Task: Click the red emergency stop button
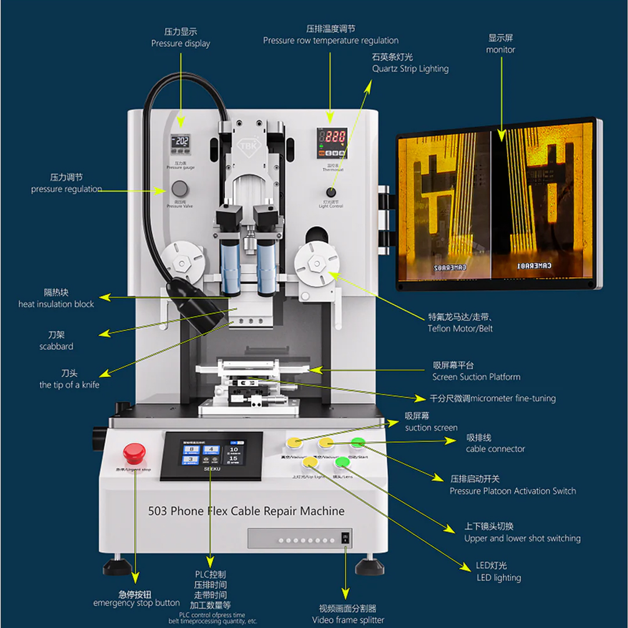click(134, 452)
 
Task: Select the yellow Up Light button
click(311, 462)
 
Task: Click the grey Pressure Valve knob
click(180, 188)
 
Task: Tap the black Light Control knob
click(331, 192)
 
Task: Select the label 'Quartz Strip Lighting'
click(411, 69)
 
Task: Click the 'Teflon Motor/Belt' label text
click(461, 329)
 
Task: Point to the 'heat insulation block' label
click(56, 304)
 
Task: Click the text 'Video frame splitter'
click(348, 620)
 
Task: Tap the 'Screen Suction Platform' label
click(476, 377)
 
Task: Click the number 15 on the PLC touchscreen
click(233, 459)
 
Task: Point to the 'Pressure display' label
click(181, 44)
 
